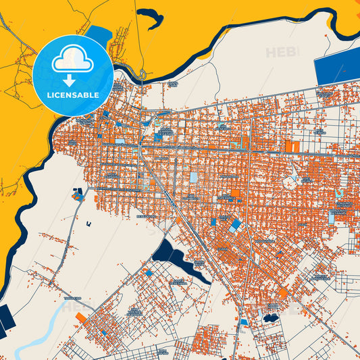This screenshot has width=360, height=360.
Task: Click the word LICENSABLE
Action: pyautogui.click(x=73, y=95)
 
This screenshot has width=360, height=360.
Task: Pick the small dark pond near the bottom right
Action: pyautogui.click(x=271, y=317)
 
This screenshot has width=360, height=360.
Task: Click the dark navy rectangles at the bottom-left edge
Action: pyautogui.click(x=3, y=319)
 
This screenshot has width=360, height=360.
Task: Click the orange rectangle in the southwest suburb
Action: pyautogui.click(x=81, y=317)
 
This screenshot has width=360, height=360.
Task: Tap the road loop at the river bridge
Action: pyautogui.click(x=143, y=73)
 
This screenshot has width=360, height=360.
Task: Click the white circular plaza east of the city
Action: pyautogui.click(x=290, y=181)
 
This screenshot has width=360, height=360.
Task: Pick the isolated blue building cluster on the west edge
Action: pyautogui.click(x=78, y=197)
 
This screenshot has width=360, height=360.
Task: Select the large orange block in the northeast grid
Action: pyautogui.click(x=292, y=147)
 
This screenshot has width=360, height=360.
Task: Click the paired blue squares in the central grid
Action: pyautogui.click(x=234, y=225)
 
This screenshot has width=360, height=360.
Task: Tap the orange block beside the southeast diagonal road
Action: pyautogui.click(x=283, y=293)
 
